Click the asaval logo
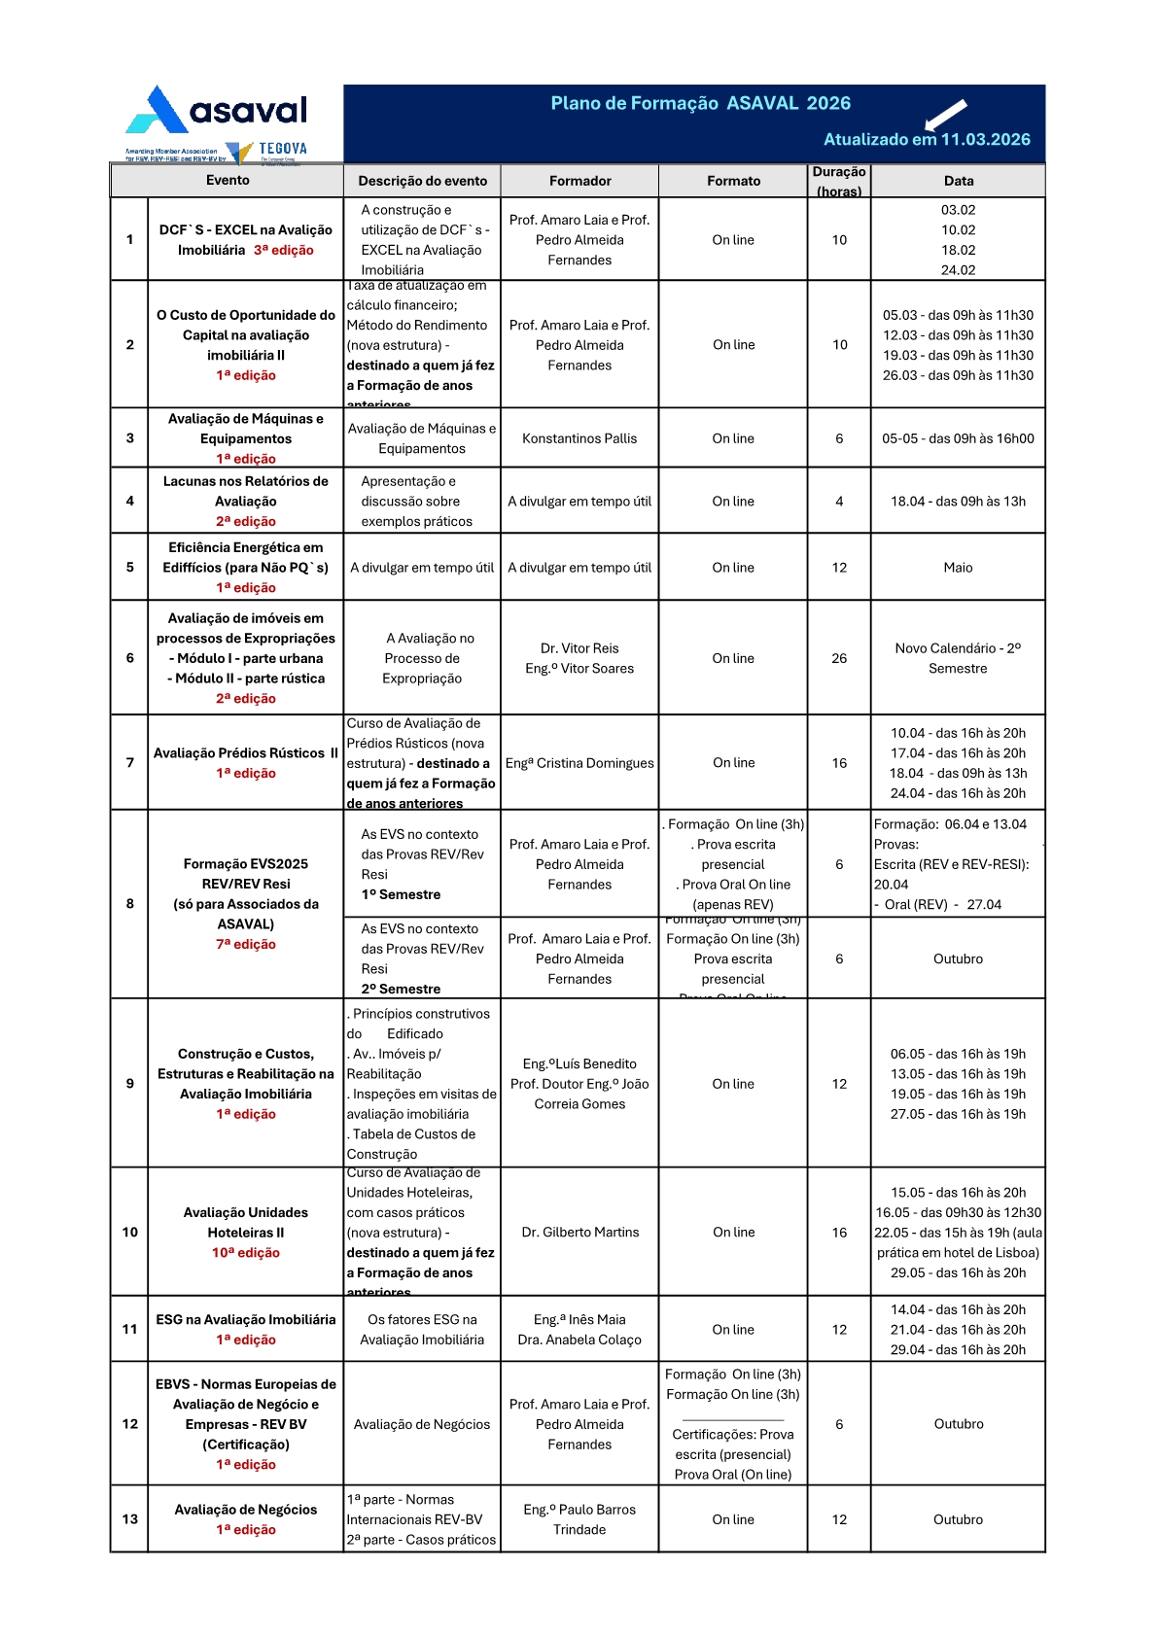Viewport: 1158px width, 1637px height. [x=217, y=111]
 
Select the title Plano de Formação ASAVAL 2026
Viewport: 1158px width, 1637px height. [x=700, y=103]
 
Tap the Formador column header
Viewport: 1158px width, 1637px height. [x=579, y=181]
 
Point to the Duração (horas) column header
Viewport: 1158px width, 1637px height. [x=839, y=181]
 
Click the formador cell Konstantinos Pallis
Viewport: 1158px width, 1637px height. [x=579, y=438]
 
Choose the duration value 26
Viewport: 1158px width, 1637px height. [x=839, y=658]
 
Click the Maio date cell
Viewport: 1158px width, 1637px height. [x=958, y=568]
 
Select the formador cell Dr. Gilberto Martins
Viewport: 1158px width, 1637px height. [x=579, y=1232]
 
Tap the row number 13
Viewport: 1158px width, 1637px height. [x=129, y=1518]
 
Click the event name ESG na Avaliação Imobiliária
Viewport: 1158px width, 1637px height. [x=246, y=1319]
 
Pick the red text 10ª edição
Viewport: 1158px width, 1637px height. [x=246, y=1252]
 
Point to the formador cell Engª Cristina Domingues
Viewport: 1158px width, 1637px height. [x=579, y=763]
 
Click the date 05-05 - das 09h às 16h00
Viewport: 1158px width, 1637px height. [x=958, y=438]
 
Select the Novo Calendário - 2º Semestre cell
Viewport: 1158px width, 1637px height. [x=958, y=658]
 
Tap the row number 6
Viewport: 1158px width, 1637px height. [x=129, y=658]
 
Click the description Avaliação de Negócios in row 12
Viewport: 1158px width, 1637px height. [x=422, y=1424]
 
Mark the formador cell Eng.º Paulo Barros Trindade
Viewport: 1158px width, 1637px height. [x=579, y=1518]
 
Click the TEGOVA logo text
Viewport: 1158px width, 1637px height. [x=283, y=149]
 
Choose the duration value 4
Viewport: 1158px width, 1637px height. [x=839, y=502]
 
